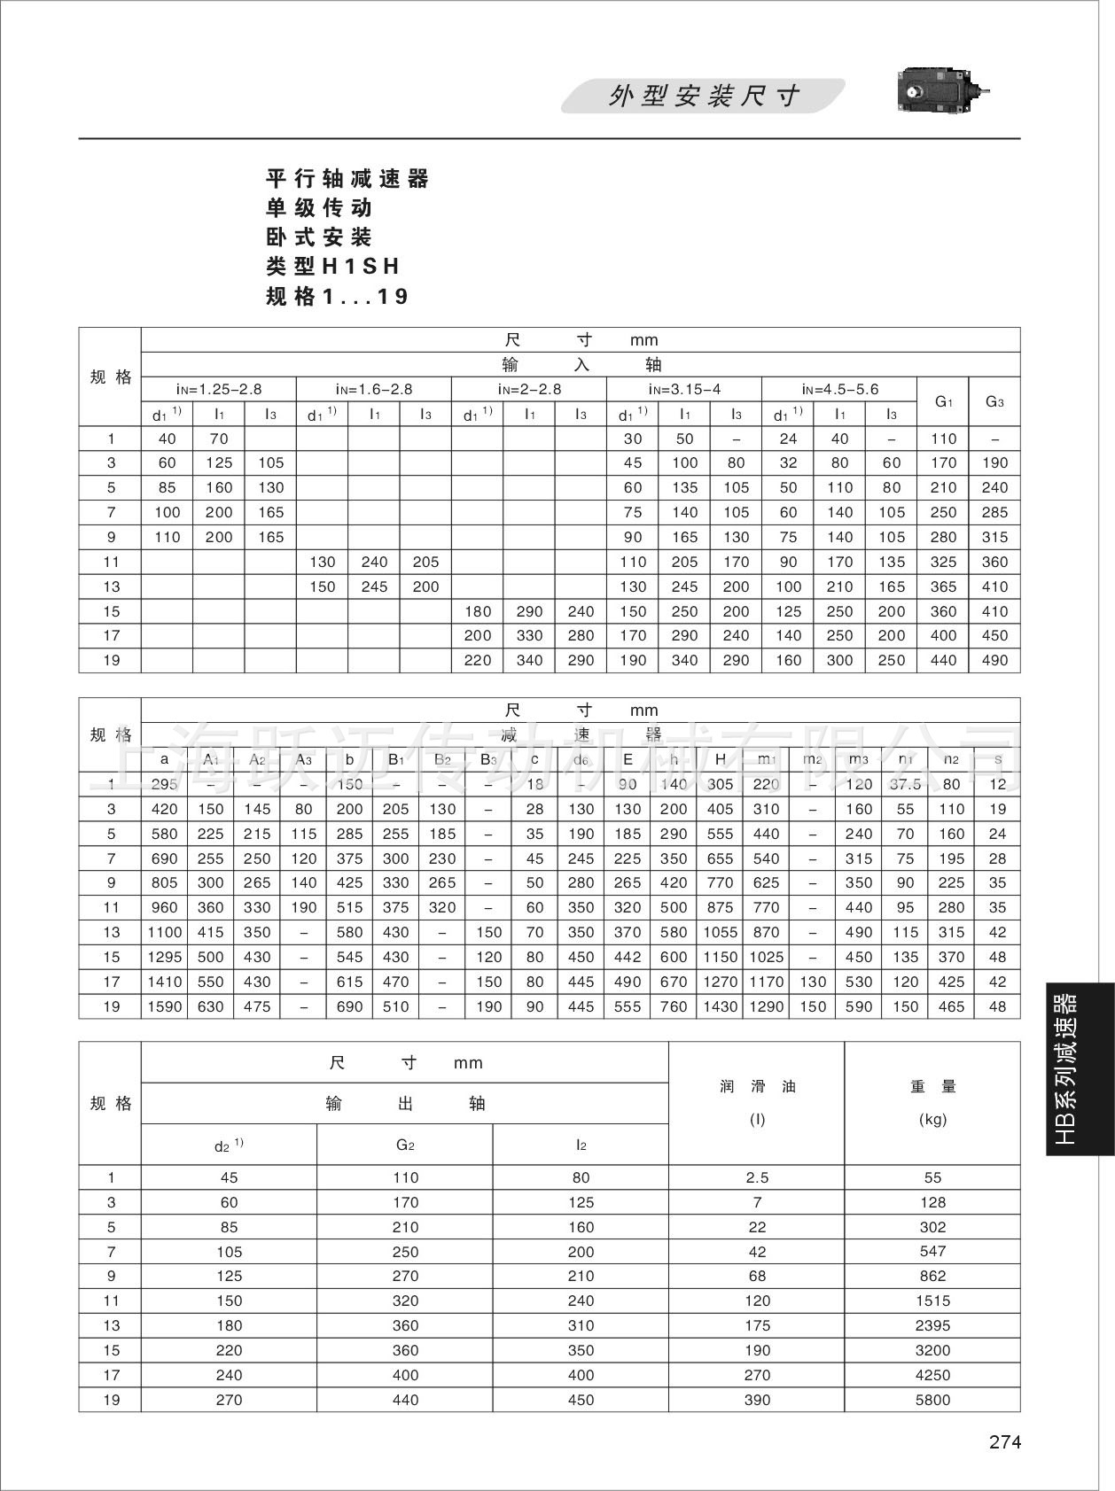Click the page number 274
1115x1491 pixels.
click(x=1005, y=1442)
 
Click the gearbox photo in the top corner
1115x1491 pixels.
click(x=941, y=91)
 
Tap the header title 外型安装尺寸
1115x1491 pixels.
click(x=704, y=96)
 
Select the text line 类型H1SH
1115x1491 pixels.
click(x=333, y=267)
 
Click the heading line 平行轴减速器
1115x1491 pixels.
click(x=347, y=179)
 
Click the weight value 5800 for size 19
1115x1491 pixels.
click(x=932, y=1400)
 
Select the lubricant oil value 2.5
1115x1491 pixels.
click(x=757, y=1177)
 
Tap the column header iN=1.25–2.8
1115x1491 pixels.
click(x=218, y=389)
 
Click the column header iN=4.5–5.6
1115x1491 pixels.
click(x=839, y=389)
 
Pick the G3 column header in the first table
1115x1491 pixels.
click(x=994, y=401)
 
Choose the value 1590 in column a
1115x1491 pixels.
click(x=164, y=1006)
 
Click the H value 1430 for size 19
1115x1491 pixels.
click(x=720, y=1006)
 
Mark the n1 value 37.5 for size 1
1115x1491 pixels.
click(x=905, y=784)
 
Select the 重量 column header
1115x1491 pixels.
click(x=932, y=1087)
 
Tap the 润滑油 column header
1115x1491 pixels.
click(x=757, y=1087)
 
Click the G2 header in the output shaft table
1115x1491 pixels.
click(x=405, y=1145)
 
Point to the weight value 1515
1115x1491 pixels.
click(x=932, y=1301)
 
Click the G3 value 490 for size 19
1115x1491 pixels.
click(x=994, y=660)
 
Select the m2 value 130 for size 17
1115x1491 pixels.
click(x=812, y=982)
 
